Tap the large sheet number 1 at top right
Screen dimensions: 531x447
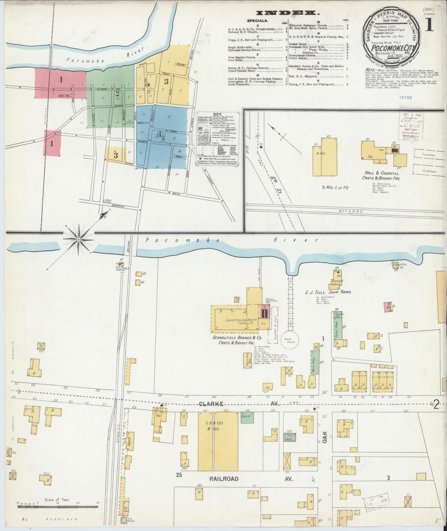point(429,26)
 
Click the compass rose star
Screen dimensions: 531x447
point(79,239)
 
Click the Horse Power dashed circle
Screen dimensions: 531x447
point(290,341)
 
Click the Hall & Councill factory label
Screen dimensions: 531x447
point(381,175)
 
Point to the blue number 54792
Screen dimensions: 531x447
point(405,97)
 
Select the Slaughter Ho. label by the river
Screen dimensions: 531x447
point(400,266)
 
